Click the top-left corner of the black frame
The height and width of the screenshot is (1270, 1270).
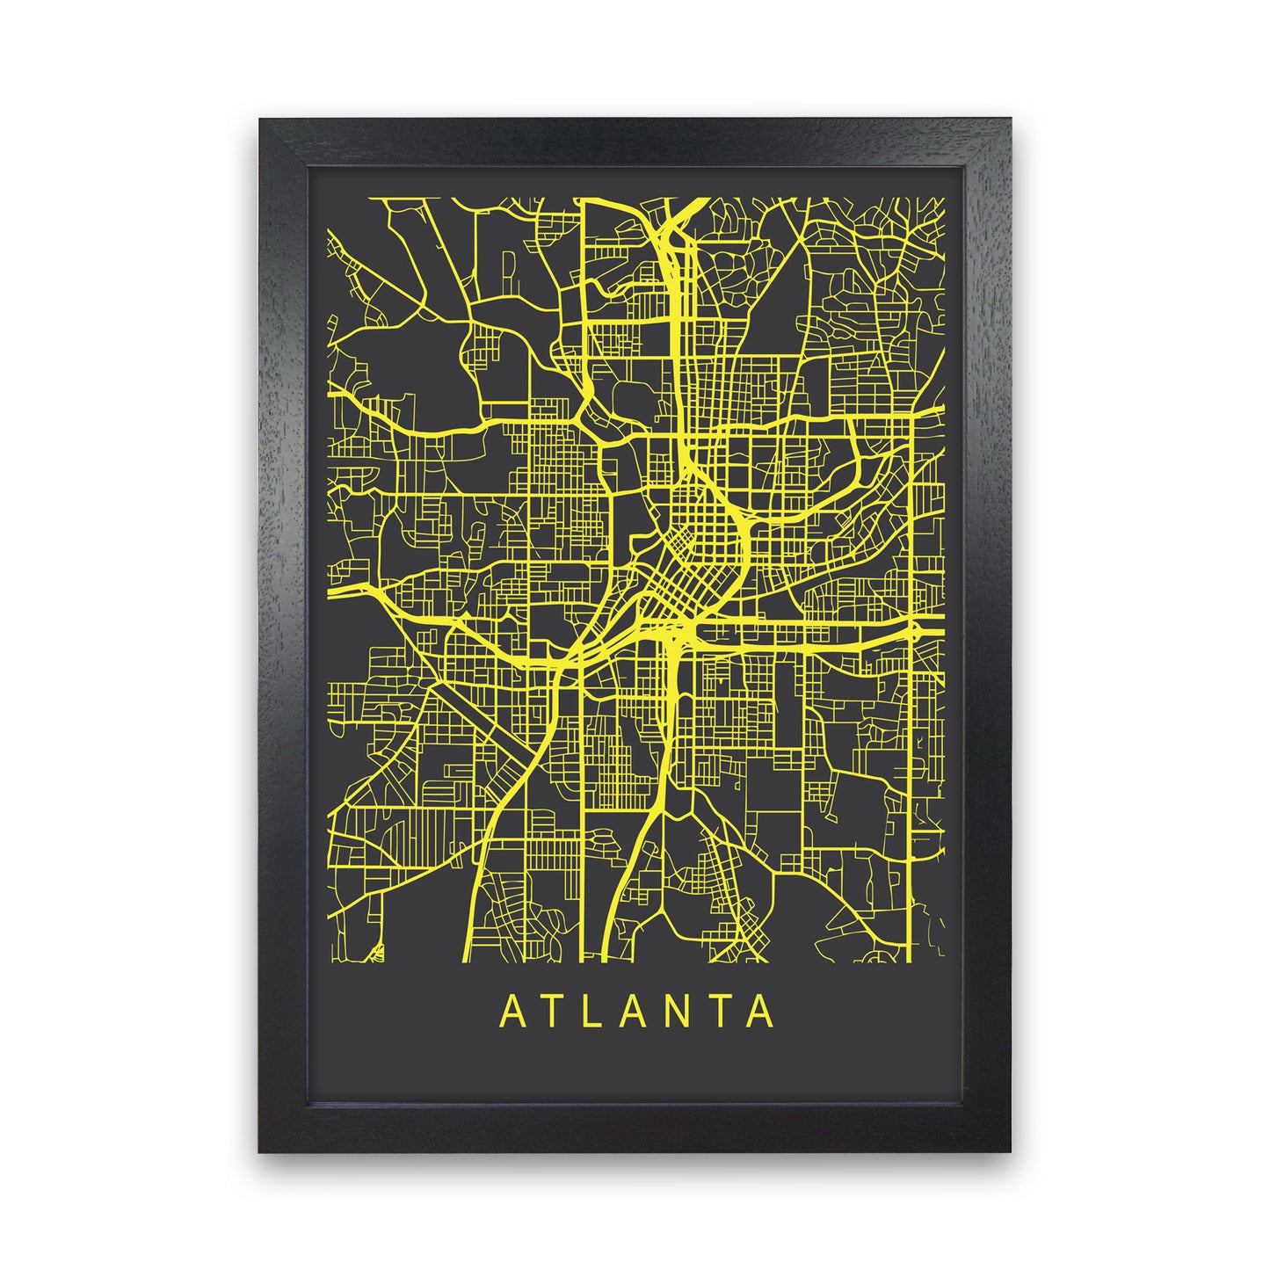tap(260, 120)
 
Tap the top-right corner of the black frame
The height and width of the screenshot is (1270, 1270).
tap(1011, 120)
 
